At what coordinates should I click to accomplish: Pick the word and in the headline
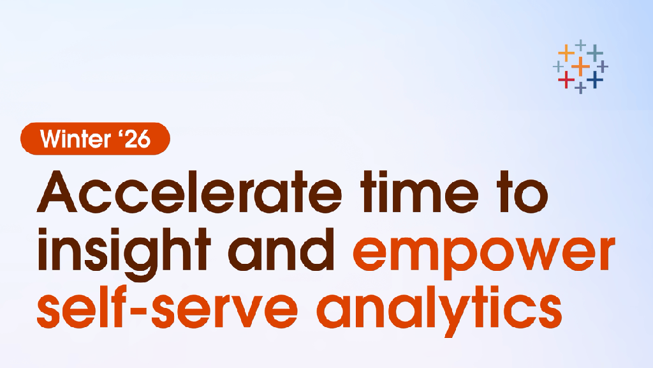(281, 250)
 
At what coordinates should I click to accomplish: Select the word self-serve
(168, 307)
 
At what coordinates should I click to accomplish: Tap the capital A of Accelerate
(57, 192)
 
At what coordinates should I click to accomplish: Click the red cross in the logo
(566, 79)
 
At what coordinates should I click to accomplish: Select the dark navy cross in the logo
(595, 79)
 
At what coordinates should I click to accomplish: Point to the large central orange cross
(580, 66)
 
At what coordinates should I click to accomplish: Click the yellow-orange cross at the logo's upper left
(566, 53)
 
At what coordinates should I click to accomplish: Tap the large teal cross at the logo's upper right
(595, 53)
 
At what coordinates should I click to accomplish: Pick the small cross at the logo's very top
(580, 45)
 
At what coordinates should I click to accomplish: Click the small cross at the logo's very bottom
(580, 88)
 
